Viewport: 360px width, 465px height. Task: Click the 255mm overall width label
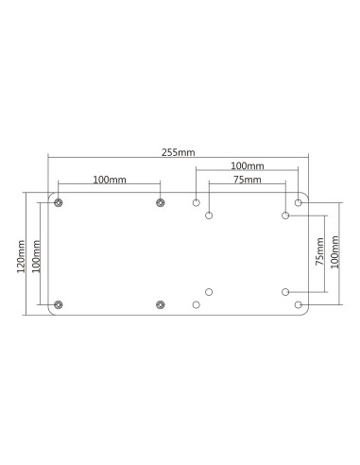(x=177, y=149)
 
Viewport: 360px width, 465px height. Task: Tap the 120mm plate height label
(x=22, y=254)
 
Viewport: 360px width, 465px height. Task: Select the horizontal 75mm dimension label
(x=247, y=179)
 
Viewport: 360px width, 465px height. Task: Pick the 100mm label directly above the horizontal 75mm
(x=247, y=164)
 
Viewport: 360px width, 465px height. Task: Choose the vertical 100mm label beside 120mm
(x=36, y=254)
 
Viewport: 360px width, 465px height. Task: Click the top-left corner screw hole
(x=59, y=202)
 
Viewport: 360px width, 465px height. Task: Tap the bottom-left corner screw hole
(x=59, y=304)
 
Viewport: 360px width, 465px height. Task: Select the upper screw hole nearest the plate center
(x=160, y=202)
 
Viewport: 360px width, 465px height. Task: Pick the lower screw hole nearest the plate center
(x=160, y=304)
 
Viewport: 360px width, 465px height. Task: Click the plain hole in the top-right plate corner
(x=299, y=202)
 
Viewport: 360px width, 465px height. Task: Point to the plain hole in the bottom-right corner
(x=299, y=304)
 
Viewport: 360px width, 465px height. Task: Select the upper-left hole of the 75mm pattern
(x=210, y=215)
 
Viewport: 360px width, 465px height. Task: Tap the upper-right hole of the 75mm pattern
(x=285, y=215)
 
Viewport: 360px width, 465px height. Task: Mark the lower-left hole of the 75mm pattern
(x=210, y=291)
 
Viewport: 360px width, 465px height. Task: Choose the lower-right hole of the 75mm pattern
(x=285, y=291)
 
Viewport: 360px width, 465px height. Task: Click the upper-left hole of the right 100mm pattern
(x=197, y=202)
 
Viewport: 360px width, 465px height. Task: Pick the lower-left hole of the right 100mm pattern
(x=197, y=304)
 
